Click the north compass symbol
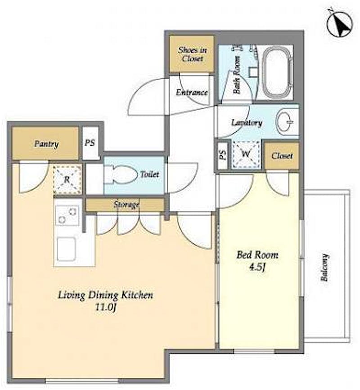(340, 24)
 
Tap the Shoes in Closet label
(192, 54)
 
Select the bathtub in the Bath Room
(277, 72)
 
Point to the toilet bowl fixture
(121, 175)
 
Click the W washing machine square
(246, 154)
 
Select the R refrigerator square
(67, 179)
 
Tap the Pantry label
(46, 144)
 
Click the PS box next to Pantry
(90, 143)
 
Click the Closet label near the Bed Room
(282, 156)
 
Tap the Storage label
(126, 205)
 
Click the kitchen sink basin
(67, 249)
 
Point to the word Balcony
(324, 267)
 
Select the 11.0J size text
(106, 307)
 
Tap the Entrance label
(192, 93)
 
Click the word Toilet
(149, 174)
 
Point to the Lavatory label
(247, 123)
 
